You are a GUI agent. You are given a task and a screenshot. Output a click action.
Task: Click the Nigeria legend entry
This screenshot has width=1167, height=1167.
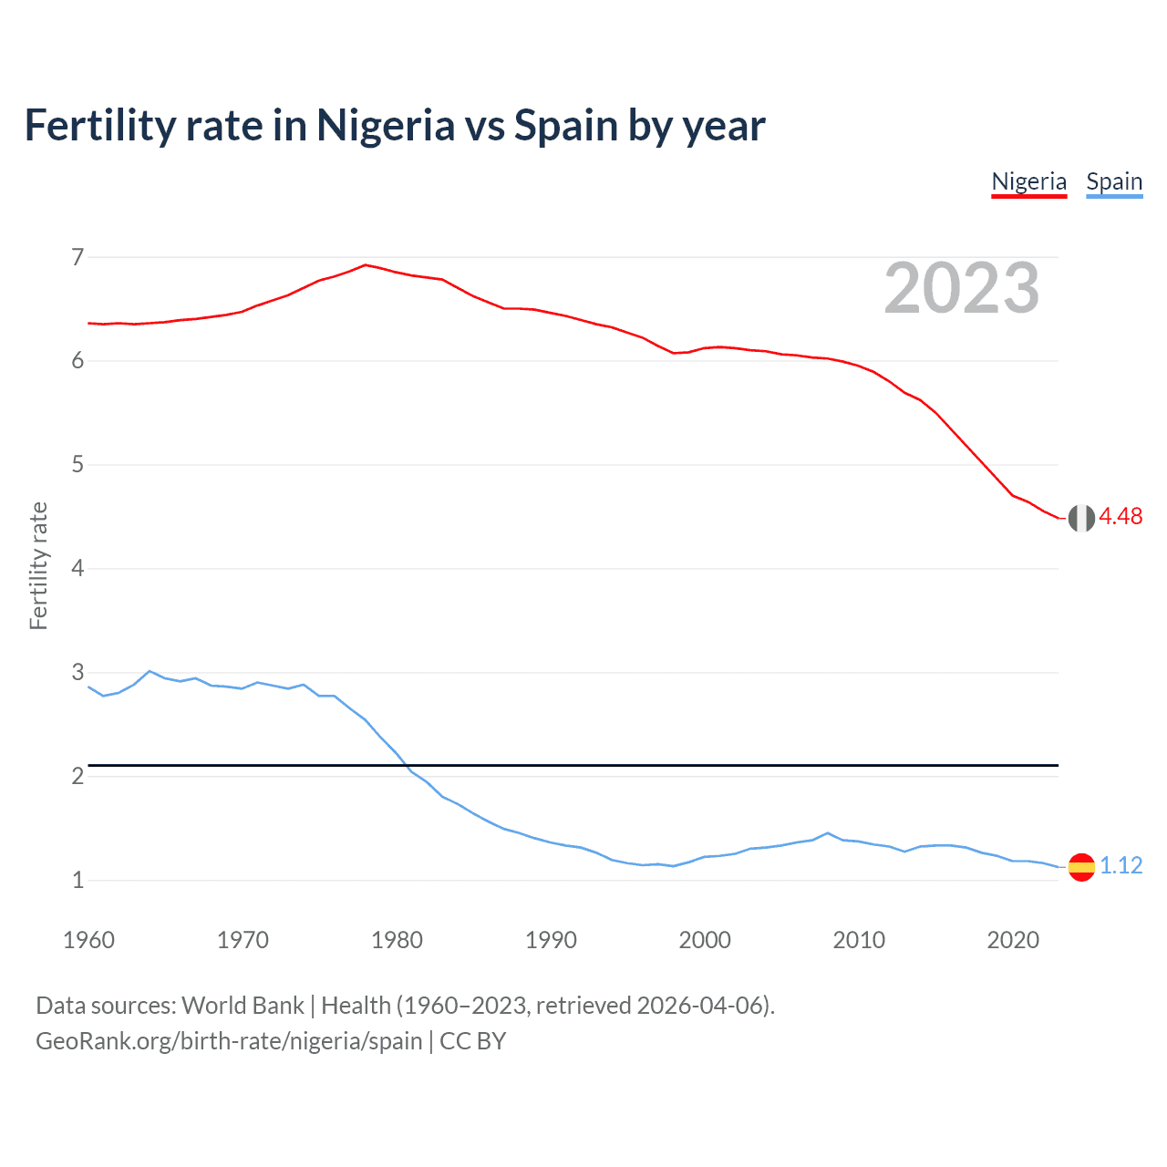1028,181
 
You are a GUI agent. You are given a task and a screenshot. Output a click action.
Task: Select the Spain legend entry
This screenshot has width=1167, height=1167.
1113,181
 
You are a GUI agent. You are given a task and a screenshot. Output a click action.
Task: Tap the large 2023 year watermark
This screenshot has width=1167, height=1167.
962,288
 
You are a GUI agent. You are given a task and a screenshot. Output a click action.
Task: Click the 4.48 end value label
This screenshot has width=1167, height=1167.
1121,516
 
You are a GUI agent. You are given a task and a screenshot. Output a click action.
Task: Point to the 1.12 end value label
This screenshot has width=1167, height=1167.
1121,865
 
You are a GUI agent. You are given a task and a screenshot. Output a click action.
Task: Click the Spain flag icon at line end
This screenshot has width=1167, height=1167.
1081,866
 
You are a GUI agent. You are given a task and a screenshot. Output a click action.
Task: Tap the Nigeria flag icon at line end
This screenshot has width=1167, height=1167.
1081,518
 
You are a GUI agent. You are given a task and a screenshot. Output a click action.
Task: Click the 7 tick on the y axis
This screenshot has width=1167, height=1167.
77,257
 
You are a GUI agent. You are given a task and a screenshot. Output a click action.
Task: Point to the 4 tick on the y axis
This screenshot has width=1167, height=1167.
77,569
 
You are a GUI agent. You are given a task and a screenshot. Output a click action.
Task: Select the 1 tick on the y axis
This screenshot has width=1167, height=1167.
77,881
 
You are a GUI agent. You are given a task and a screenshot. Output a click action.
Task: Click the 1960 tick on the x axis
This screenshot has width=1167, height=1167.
88,940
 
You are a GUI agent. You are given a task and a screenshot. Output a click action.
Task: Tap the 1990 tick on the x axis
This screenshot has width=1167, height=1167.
551,940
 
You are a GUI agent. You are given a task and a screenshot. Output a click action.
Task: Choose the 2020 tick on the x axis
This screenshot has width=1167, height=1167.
1013,940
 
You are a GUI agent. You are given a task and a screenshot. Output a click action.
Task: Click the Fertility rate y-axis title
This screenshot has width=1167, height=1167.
38,565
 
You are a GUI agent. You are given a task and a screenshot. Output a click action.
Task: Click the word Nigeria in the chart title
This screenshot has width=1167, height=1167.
385,125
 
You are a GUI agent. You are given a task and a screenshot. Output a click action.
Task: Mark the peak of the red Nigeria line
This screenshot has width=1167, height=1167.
366,264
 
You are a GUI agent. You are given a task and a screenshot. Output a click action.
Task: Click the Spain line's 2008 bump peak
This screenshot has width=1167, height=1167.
828,832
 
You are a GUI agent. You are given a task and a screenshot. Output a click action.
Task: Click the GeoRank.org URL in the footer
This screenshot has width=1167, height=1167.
229,1041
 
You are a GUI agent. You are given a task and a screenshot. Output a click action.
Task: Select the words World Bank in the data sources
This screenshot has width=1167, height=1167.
243,1006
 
